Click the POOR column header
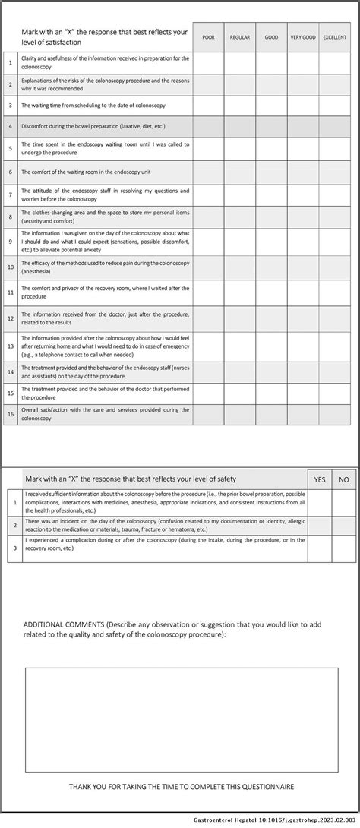tap(208, 37)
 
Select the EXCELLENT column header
tap(334, 37)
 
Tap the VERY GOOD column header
tap(302, 37)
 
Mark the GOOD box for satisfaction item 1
tap(271, 63)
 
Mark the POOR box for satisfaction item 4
tap(208, 127)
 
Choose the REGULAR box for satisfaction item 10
tap(239, 267)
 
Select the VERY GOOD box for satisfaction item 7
tap(302, 194)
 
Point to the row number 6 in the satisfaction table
tap(11, 172)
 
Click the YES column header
tap(319, 479)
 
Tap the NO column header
tap(343, 479)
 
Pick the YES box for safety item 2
tap(319, 526)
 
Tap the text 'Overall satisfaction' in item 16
tap(47, 410)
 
